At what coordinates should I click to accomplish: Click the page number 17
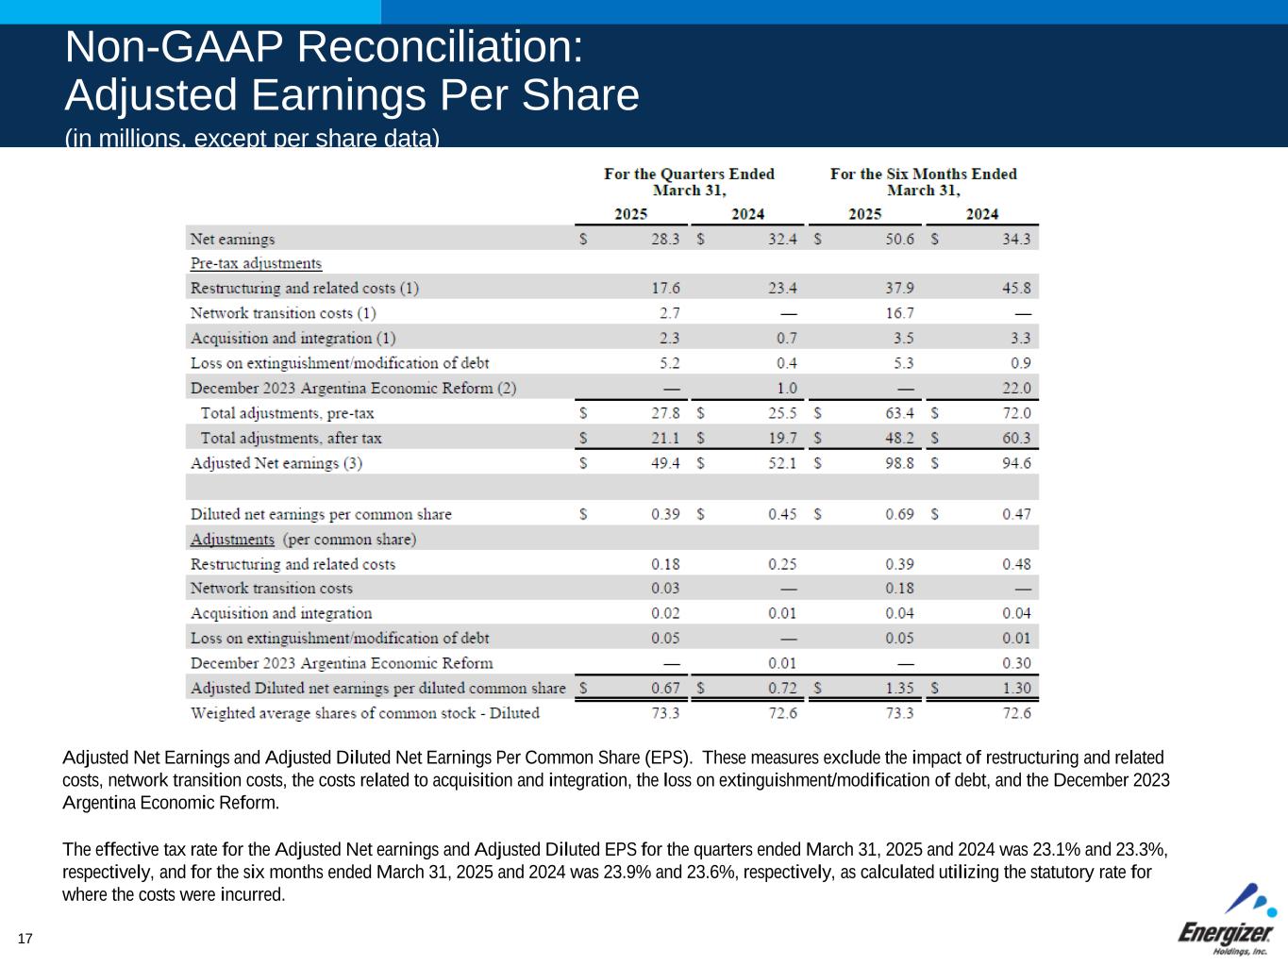pyautogui.click(x=25, y=939)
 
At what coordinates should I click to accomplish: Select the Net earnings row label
pyautogui.click(x=232, y=240)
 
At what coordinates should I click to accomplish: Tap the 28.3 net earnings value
pyautogui.click(x=664, y=240)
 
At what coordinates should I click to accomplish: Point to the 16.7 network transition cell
pyautogui.click(x=898, y=313)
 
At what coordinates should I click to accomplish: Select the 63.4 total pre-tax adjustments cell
pyautogui.click(x=898, y=413)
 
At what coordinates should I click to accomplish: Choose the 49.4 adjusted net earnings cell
pyautogui.click(x=664, y=463)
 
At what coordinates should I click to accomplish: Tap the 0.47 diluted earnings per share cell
pyautogui.click(x=1016, y=514)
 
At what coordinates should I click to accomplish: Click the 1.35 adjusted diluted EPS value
pyautogui.click(x=898, y=689)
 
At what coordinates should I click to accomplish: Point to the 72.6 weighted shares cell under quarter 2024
pyautogui.click(x=782, y=713)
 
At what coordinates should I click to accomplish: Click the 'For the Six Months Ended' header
pyautogui.click(x=923, y=174)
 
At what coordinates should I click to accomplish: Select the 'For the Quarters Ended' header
pyautogui.click(x=689, y=174)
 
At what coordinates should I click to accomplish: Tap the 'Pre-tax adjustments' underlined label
pyautogui.click(x=256, y=264)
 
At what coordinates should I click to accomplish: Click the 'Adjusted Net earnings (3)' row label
pyautogui.click(x=276, y=463)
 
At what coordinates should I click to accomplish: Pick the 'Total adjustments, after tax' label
pyautogui.click(x=291, y=439)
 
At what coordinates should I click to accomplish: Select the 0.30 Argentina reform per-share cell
pyautogui.click(x=1016, y=663)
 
